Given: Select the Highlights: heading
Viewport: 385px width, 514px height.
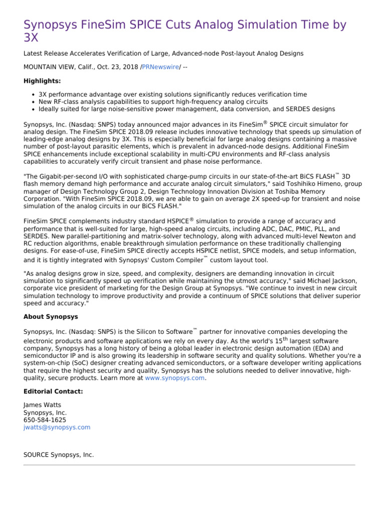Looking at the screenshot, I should [x=42, y=81].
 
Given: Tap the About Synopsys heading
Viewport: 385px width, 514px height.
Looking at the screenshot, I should [x=51, y=317].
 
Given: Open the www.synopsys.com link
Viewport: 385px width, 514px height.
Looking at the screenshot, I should [x=175, y=378].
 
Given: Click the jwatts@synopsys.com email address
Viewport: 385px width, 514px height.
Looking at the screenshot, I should [x=57, y=427].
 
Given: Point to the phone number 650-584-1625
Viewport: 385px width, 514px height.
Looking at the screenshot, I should [x=45, y=420].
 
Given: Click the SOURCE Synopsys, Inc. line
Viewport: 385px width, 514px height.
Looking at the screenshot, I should [x=58, y=454].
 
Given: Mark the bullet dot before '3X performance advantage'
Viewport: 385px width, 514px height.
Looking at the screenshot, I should [x=33, y=94].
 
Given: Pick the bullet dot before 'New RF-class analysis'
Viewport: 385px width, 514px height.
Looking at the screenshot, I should [x=33, y=102].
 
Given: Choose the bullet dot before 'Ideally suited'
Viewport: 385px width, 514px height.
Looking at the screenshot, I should [x=33, y=109].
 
